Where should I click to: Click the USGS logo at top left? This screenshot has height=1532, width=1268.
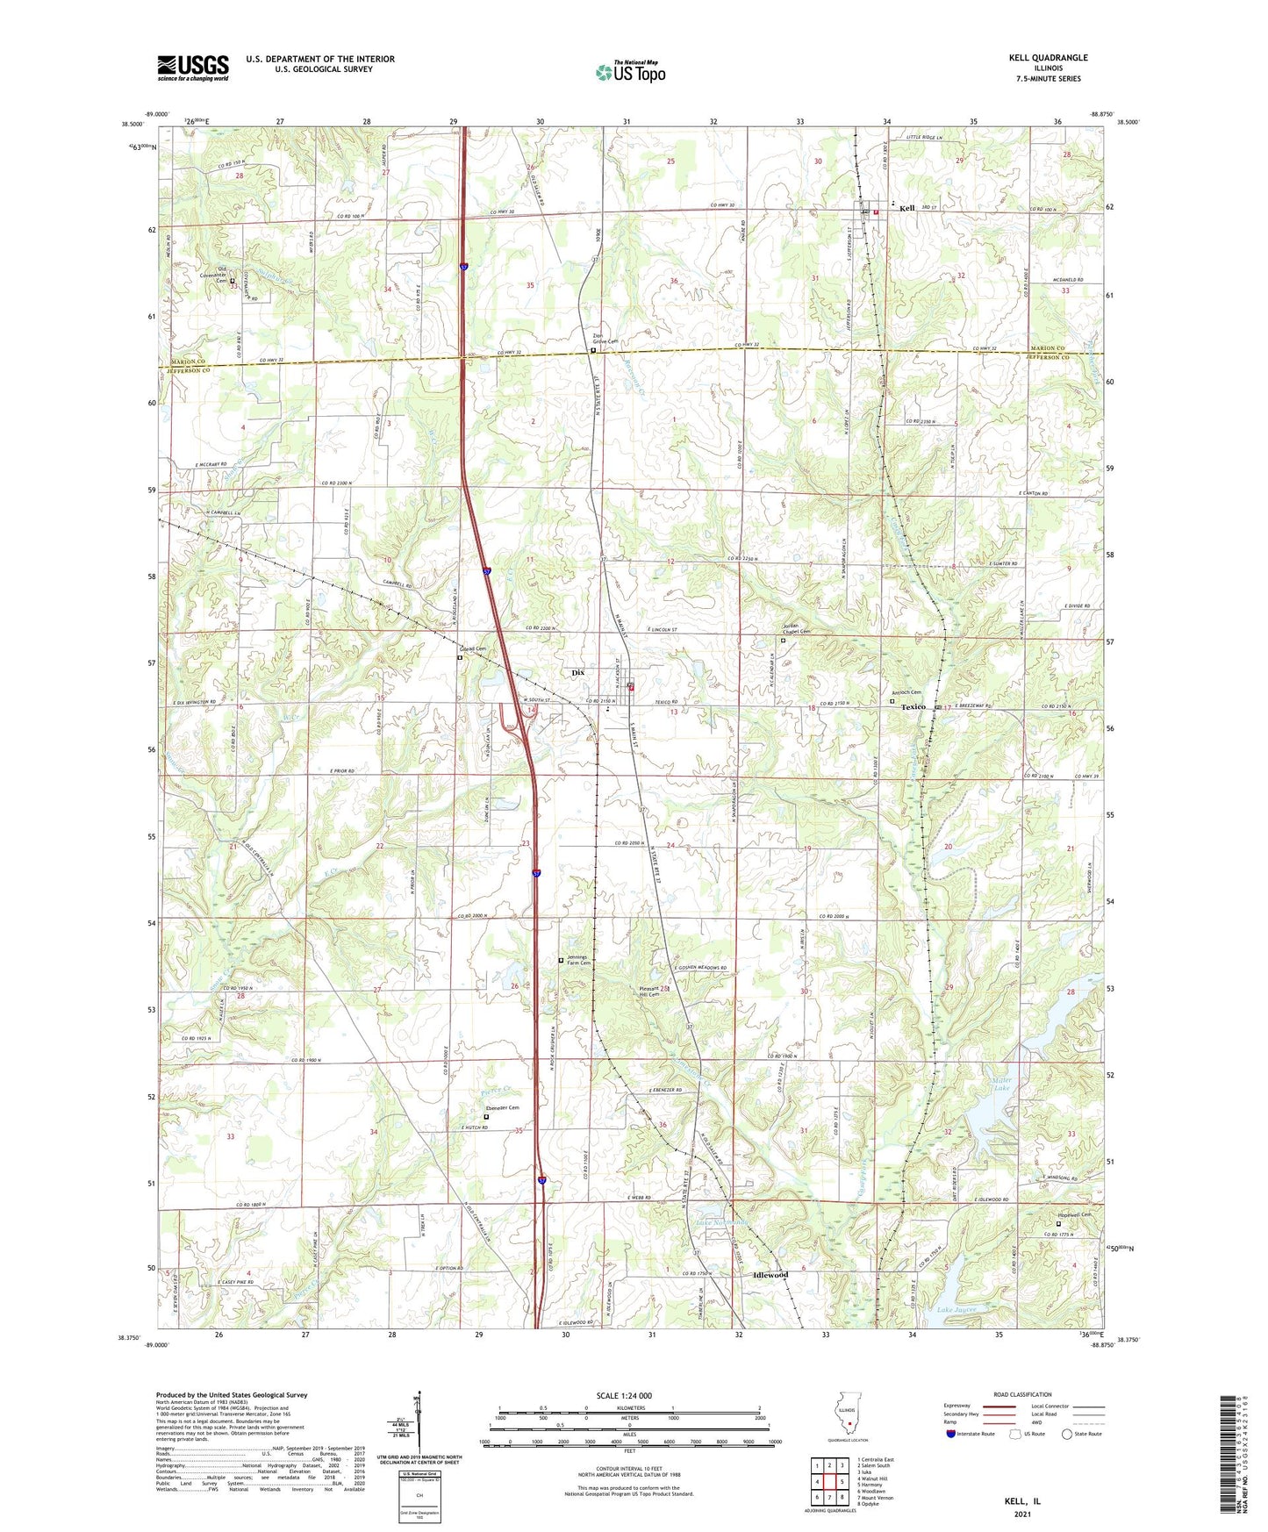(x=193, y=68)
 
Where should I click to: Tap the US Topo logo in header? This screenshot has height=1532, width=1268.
(x=630, y=72)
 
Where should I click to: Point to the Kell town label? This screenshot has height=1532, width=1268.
(x=906, y=209)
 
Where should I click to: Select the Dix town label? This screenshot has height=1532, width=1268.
(x=577, y=673)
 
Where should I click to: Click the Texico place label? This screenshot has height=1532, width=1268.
(x=913, y=706)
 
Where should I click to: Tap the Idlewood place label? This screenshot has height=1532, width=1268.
(x=770, y=1275)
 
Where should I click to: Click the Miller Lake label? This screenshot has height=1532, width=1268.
(x=1003, y=1085)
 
